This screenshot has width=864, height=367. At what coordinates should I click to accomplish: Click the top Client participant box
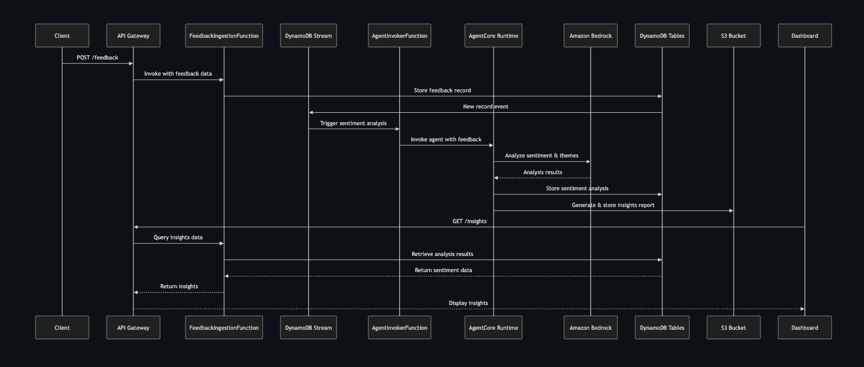click(62, 35)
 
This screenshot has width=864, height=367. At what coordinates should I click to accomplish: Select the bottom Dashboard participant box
click(804, 327)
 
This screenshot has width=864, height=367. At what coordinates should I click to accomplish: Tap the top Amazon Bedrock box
click(590, 35)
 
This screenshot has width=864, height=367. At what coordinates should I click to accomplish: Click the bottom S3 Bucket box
click(733, 327)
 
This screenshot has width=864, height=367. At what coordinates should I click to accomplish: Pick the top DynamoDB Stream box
click(308, 35)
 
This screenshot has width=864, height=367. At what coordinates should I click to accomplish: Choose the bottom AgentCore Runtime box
click(494, 327)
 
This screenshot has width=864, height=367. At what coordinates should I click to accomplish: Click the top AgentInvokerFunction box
click(399, 35)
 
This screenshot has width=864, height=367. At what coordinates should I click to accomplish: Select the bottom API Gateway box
click(133, 327)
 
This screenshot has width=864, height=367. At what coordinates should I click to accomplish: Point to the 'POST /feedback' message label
click(97, 58)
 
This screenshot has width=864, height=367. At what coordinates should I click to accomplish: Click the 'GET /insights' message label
click(469, 221)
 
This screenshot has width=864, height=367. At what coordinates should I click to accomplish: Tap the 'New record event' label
click(486, 107)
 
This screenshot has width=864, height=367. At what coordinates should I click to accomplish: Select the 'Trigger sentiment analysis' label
click(354, 123)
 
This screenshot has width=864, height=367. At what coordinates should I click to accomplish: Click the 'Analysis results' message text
click(543, 172)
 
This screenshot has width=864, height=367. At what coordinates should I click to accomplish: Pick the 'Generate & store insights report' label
click(613, 205)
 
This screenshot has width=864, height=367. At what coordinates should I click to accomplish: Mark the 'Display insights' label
click(468, 303)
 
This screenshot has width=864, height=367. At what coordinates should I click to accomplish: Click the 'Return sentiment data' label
click(443, 270)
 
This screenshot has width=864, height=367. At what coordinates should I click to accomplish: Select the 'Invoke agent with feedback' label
click(446, 139)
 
